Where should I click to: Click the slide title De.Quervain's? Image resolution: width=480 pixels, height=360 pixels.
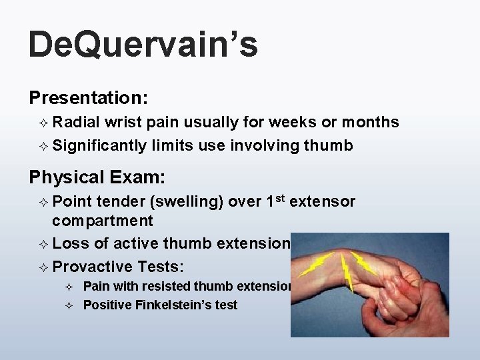[143, 46]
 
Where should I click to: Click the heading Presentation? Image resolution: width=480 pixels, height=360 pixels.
[88, 98]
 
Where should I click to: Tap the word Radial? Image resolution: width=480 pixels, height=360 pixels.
[76, 122]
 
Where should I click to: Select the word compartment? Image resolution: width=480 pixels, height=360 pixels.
[103, 221]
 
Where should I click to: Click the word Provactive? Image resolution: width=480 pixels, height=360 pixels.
[93, 267]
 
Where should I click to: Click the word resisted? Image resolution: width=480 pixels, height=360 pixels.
[165, 287]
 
